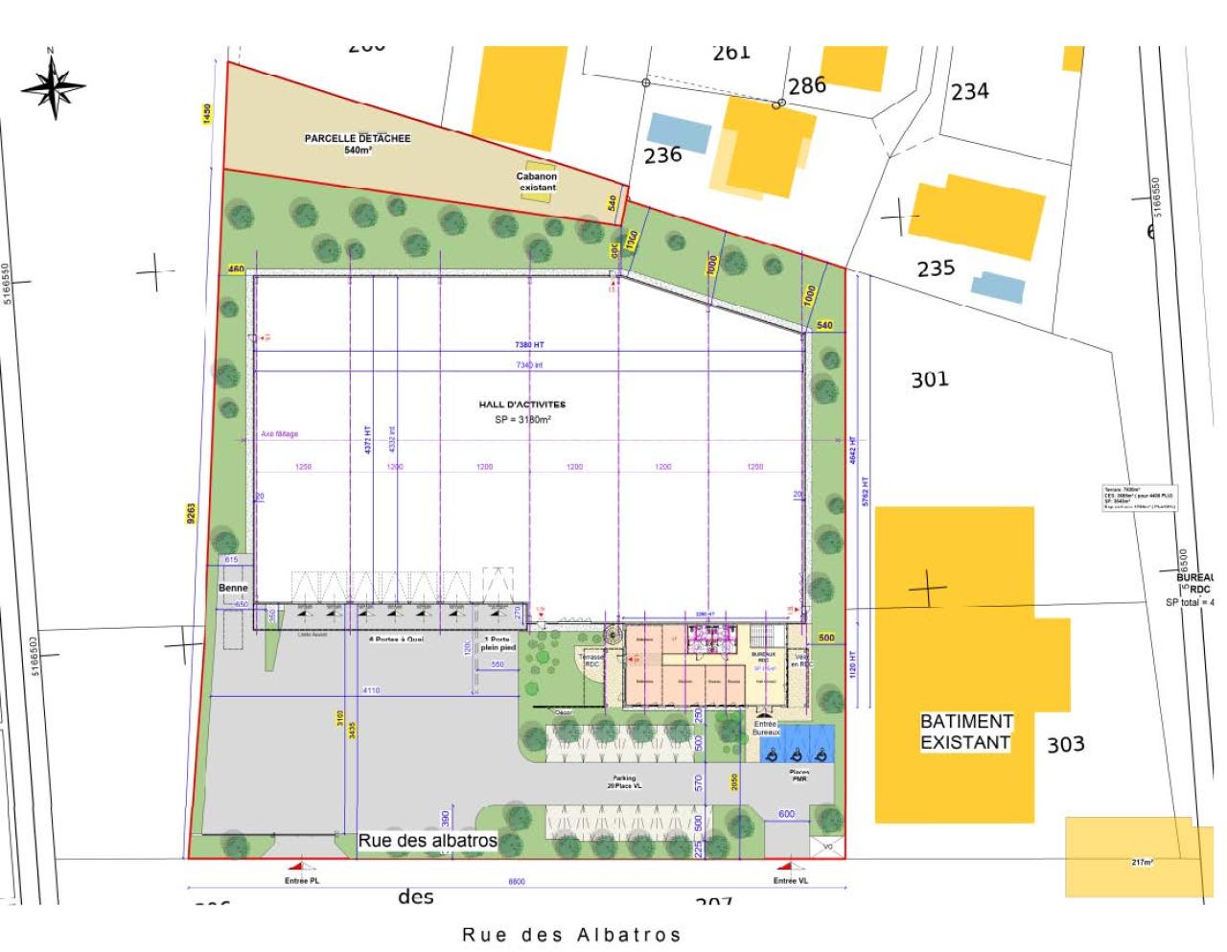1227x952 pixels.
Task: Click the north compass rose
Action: [x=54, y=85]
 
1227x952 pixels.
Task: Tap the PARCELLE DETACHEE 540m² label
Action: [x=358, y=144]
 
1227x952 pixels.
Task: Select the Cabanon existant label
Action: [x=537, y=181]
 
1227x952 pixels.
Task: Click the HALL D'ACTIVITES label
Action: [x=522, y=405]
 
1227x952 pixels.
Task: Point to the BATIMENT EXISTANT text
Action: [x=965, y=731]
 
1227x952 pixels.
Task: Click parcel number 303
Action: [x=1065, y=744]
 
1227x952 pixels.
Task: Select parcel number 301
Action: [x=929, y=380]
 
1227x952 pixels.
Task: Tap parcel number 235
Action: [x=936, y=268]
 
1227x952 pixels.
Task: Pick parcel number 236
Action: [x=662, y=155]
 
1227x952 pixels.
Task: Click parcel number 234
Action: [x=969, y=92]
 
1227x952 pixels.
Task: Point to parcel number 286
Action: [x=806, y=85]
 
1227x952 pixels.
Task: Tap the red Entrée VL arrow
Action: [x=790, y=865]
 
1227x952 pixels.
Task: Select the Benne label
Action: [x=233, y=588]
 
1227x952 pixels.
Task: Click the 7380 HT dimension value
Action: [x=529, y=345]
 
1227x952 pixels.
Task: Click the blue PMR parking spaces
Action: [x=797, y=745]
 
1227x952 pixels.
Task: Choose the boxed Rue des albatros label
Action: [x=428, y=841]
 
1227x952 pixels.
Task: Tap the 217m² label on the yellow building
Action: [x=1142, y=862]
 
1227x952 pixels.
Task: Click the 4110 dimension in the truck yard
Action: [x=371, y=690]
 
